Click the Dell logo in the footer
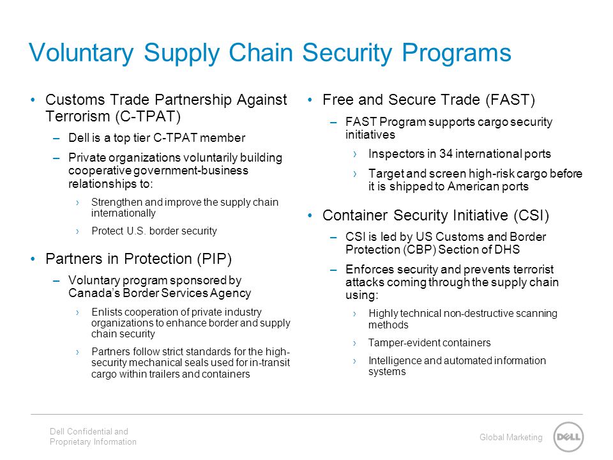pyautogui.click(x=568, y=437)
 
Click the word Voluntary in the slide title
pyautogui.click(x=81, y=53)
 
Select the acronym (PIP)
pyautogui.click(x=215, y=259)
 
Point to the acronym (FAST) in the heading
pyautogui.click(x=510, y=100)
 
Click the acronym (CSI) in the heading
pyautogui.click(x=531, y=215)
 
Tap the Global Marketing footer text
pyautogui.click(x=511, y=437)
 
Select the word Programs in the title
pyautogui.click(x=457, y=53)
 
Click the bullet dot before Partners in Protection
pyautogui.click(x=33, y=259)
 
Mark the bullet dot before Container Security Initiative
pyautogui.click(x=310, y=215)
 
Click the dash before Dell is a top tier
pyautogui.click(x=57, y=139)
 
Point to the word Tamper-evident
pyautogui.click(x=407, y=342)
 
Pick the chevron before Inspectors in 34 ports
pyautogui.click(x=355, y=154)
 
